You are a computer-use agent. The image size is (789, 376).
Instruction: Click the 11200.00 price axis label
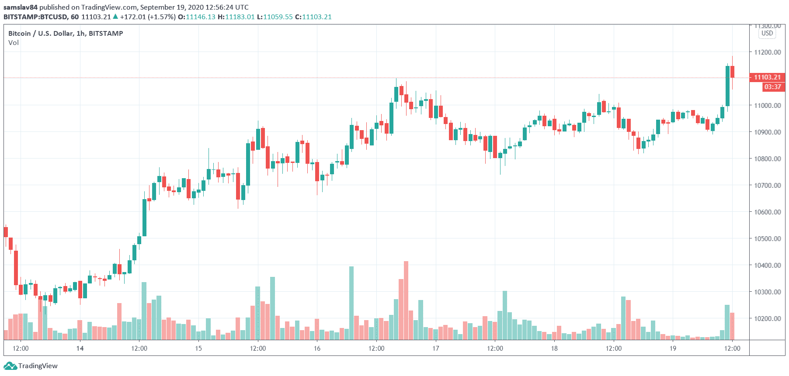pos(767,52)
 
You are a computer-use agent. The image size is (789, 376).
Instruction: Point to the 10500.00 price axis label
pos(767,238)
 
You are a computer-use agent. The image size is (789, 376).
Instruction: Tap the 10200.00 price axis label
pos(767,318)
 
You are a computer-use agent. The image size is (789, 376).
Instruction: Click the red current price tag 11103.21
pos(767,77)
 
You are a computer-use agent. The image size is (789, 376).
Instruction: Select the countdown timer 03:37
pos(772,87)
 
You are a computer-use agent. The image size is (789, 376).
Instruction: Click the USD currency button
pos(767,33)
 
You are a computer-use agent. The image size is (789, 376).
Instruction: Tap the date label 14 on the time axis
pos(80,348)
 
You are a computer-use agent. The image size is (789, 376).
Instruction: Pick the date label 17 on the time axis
pos(436,348)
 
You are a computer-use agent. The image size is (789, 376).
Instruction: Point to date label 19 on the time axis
pos(673,348)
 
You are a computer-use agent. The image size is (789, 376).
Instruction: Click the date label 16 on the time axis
pos(317,348)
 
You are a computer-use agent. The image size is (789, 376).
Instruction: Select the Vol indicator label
pos(14,43)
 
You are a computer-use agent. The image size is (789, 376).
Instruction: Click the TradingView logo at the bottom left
pos(31,366)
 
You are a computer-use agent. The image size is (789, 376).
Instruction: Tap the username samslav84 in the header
pos(21,7)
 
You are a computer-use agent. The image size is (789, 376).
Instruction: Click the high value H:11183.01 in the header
pos(236,17)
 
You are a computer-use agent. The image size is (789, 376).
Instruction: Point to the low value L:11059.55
pos(275,17)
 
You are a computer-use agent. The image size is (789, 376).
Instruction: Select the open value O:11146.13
pos(196,17)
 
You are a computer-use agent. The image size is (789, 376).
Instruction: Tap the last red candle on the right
pos(732,72)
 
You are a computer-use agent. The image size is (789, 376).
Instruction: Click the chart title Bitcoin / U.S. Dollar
pos(41,33)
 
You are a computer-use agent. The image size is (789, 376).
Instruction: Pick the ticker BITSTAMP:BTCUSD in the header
pos(35,17)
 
